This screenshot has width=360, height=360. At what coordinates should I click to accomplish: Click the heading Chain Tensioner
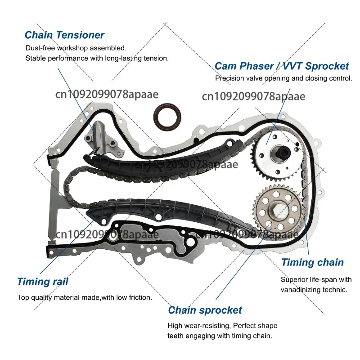(64, 35)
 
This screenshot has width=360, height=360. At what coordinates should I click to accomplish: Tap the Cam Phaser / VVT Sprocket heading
(281, 66)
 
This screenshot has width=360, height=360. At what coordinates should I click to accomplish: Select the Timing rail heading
(43, 282)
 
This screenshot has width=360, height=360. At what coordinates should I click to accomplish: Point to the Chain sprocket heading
(205, 310)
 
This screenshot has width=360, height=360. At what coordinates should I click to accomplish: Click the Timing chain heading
(312, 262)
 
